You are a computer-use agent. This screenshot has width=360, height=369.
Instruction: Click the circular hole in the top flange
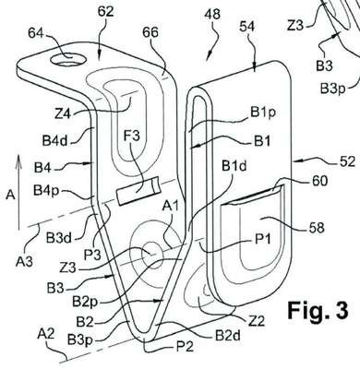[x=68, y=59]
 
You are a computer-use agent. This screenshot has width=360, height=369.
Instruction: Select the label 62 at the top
[x=105, y=12]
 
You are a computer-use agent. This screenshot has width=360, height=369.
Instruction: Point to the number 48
[x=212, y=15]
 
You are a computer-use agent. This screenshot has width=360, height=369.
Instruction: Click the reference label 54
[x=246, y=27]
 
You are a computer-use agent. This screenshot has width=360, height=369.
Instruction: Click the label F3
[x=132, y=136]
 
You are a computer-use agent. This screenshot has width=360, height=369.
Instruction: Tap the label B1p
[x=263, y=113]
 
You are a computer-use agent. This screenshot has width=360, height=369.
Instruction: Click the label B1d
[x=234, y=166]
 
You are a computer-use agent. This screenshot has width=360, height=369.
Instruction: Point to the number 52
[x=347, y=162]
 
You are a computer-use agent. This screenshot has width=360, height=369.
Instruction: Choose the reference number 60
[x=319, y=182]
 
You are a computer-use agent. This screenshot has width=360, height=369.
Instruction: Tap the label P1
[x=262, y=238]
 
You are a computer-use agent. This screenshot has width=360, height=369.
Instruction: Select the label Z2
[x=256, y=321]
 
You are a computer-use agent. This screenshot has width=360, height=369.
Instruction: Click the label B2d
[x=228, y=336]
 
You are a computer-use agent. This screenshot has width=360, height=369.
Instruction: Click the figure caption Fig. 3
[x=318, y=310]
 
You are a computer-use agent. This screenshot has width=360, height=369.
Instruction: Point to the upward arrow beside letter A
[x=18, y=192]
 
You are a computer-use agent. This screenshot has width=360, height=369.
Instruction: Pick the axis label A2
[x=46, y=334]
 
